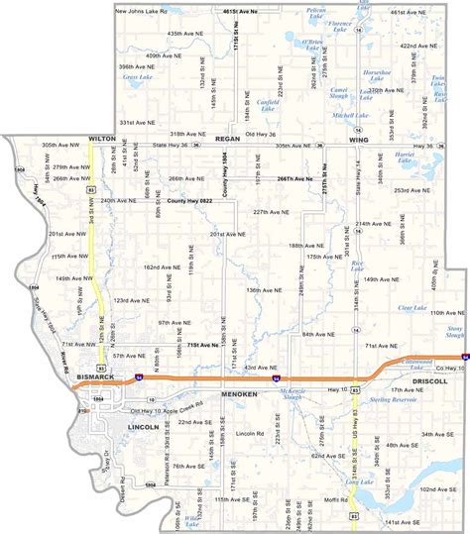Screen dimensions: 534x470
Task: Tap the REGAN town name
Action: click(x=229, y=140)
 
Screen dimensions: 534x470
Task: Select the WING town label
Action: click(x=358, y=140)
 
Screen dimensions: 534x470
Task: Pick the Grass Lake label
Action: click(x=137, y=75)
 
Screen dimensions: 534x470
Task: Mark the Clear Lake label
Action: click(x=411, y=306)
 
